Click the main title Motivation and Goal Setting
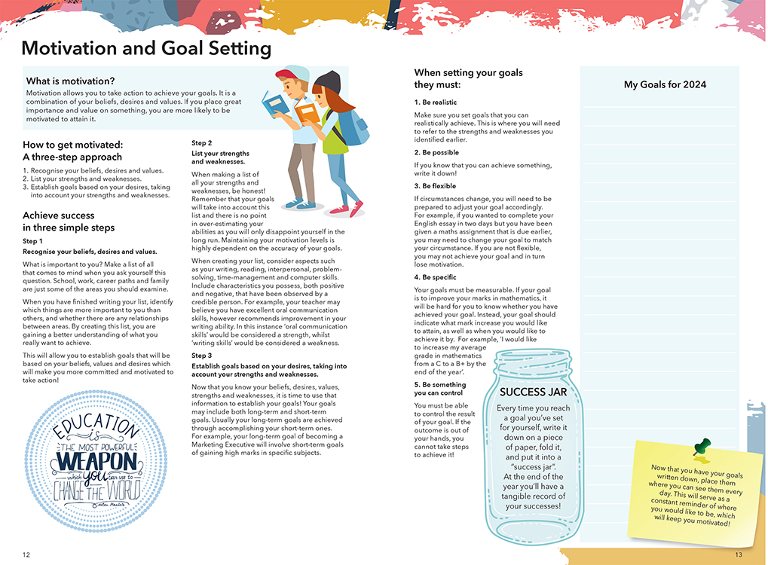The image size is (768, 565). tap(146, 49)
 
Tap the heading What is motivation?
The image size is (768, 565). tap(71, 81)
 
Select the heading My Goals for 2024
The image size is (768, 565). tap(665, 84)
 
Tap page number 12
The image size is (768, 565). tap(26, 555)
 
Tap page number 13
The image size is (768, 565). tap(739, 555)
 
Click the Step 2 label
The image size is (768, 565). tap(201, 143)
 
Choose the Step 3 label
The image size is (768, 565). tap(201, 356)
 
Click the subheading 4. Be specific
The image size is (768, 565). tap(436, 277)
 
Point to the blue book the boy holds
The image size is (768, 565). tap(275, 103)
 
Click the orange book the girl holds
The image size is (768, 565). tap(306, 113)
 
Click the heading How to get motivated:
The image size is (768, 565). tap(72, 145)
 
